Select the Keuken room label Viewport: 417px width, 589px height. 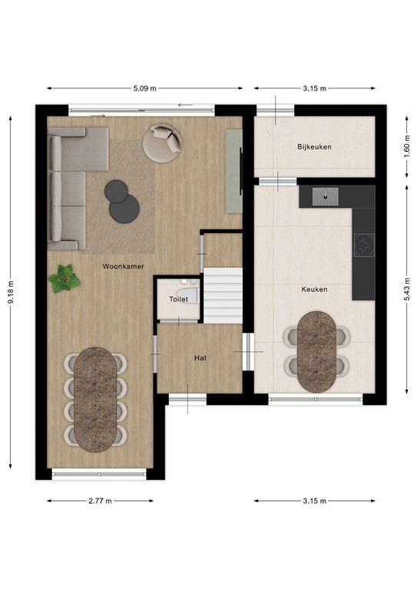click(x=315, y=289)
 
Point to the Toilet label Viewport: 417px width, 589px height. click(x=178, y=300)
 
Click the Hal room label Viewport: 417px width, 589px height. click(x=199, y=357)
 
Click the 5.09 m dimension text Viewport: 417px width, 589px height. click(x=144, y=88)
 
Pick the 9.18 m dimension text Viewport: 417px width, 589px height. click(x=11, y=291)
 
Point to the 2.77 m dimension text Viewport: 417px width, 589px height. click(x=100, y=501)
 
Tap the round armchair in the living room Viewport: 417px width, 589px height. click(x=164, y=142)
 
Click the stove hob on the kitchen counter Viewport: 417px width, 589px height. click(x=362, y=246)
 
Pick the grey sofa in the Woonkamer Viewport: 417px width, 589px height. click(x=65, y=188)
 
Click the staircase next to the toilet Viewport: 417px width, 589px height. click(x=223, y=296)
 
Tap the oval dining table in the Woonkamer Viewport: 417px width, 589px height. click(x=98, y=397)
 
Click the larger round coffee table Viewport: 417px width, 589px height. click(x=124, y=208)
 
